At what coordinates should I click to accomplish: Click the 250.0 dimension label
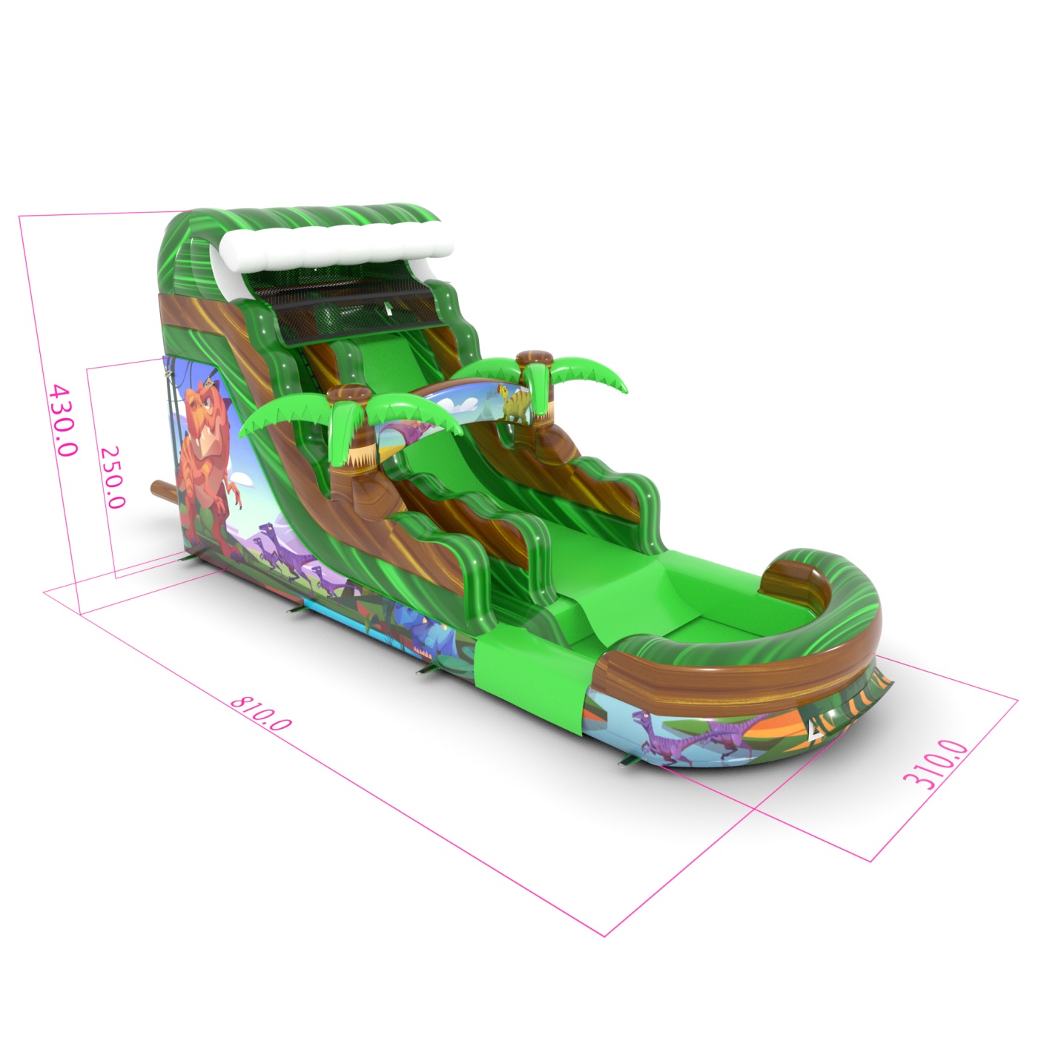113,477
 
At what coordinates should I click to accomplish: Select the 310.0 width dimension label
935,764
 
